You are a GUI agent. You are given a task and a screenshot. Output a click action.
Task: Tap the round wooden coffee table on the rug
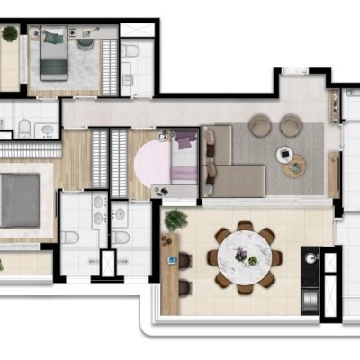[x=293, y=166]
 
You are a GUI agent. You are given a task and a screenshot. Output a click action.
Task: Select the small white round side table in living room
[x=284, y=152]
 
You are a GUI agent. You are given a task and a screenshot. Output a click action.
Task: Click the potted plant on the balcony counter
[x=175, y=220]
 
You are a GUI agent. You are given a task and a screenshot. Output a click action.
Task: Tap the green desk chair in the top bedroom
[x=86, y=41]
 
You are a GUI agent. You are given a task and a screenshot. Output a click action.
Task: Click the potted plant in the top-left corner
[x=10, y=33]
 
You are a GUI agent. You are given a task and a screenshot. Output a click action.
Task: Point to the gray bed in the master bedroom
[x=20, y=200]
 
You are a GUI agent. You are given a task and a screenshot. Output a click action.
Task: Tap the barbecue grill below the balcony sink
[x=310, y=297]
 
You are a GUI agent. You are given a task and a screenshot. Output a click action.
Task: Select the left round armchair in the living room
[x=260, y=126]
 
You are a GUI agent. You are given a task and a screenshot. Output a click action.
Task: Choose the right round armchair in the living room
[x=290, y=126]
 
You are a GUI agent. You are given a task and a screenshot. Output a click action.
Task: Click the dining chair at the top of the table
[x=244, y=227]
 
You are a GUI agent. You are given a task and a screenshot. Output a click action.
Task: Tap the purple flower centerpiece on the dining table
[x=242, y=253]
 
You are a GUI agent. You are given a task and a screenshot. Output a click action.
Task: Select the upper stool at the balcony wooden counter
[x=185, y=260]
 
